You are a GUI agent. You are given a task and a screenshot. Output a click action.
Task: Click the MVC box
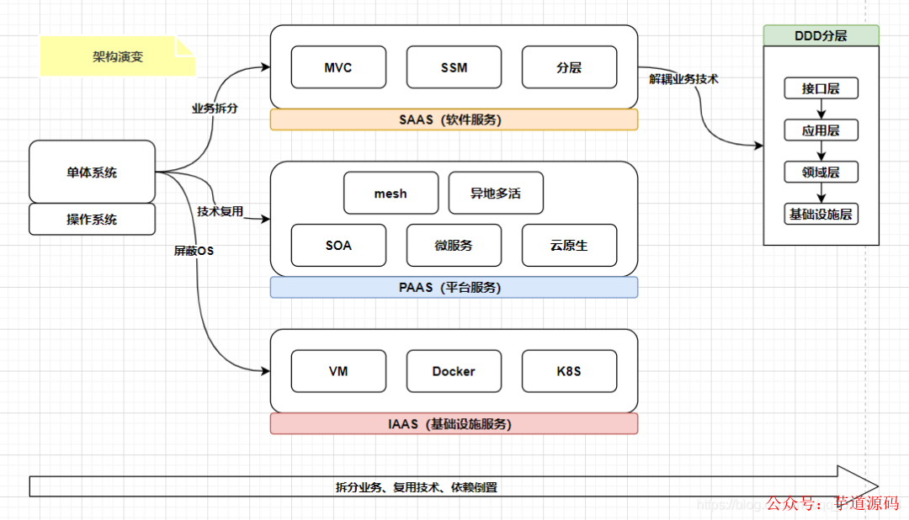click(338, 67)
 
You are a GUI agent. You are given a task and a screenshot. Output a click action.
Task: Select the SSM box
click(454, 67)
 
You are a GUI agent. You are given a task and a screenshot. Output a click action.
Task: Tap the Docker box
click(454, 371)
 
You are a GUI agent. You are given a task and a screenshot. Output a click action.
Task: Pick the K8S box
click(569, 371)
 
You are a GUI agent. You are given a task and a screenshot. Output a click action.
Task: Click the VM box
click(338, 371)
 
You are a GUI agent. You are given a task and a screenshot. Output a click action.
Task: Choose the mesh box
click(391, 194)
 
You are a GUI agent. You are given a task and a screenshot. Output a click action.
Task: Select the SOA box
click(338, 246)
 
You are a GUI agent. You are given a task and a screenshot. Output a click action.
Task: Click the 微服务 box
click(454, 246)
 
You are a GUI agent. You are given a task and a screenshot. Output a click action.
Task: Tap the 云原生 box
click(569, 246)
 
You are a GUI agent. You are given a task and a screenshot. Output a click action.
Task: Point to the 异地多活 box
click(496, 194)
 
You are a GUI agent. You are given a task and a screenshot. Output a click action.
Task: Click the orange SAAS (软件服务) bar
click(454, 119)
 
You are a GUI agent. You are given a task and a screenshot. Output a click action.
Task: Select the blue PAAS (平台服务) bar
click(454, 288)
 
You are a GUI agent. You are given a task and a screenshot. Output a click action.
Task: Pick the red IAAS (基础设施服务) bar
click(454, 424)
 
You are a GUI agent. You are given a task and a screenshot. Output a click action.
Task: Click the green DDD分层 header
click(821, 35)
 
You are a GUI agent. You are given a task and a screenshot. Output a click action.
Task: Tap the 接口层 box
click(821, 88)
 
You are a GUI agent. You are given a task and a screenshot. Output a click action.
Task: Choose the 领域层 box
click(821, 172)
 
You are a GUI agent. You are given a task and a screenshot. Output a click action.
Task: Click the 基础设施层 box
click(821, 215)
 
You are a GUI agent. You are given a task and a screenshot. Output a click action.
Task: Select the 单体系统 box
click(93, 172)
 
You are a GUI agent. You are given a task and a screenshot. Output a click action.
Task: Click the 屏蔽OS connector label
click(194, 251)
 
